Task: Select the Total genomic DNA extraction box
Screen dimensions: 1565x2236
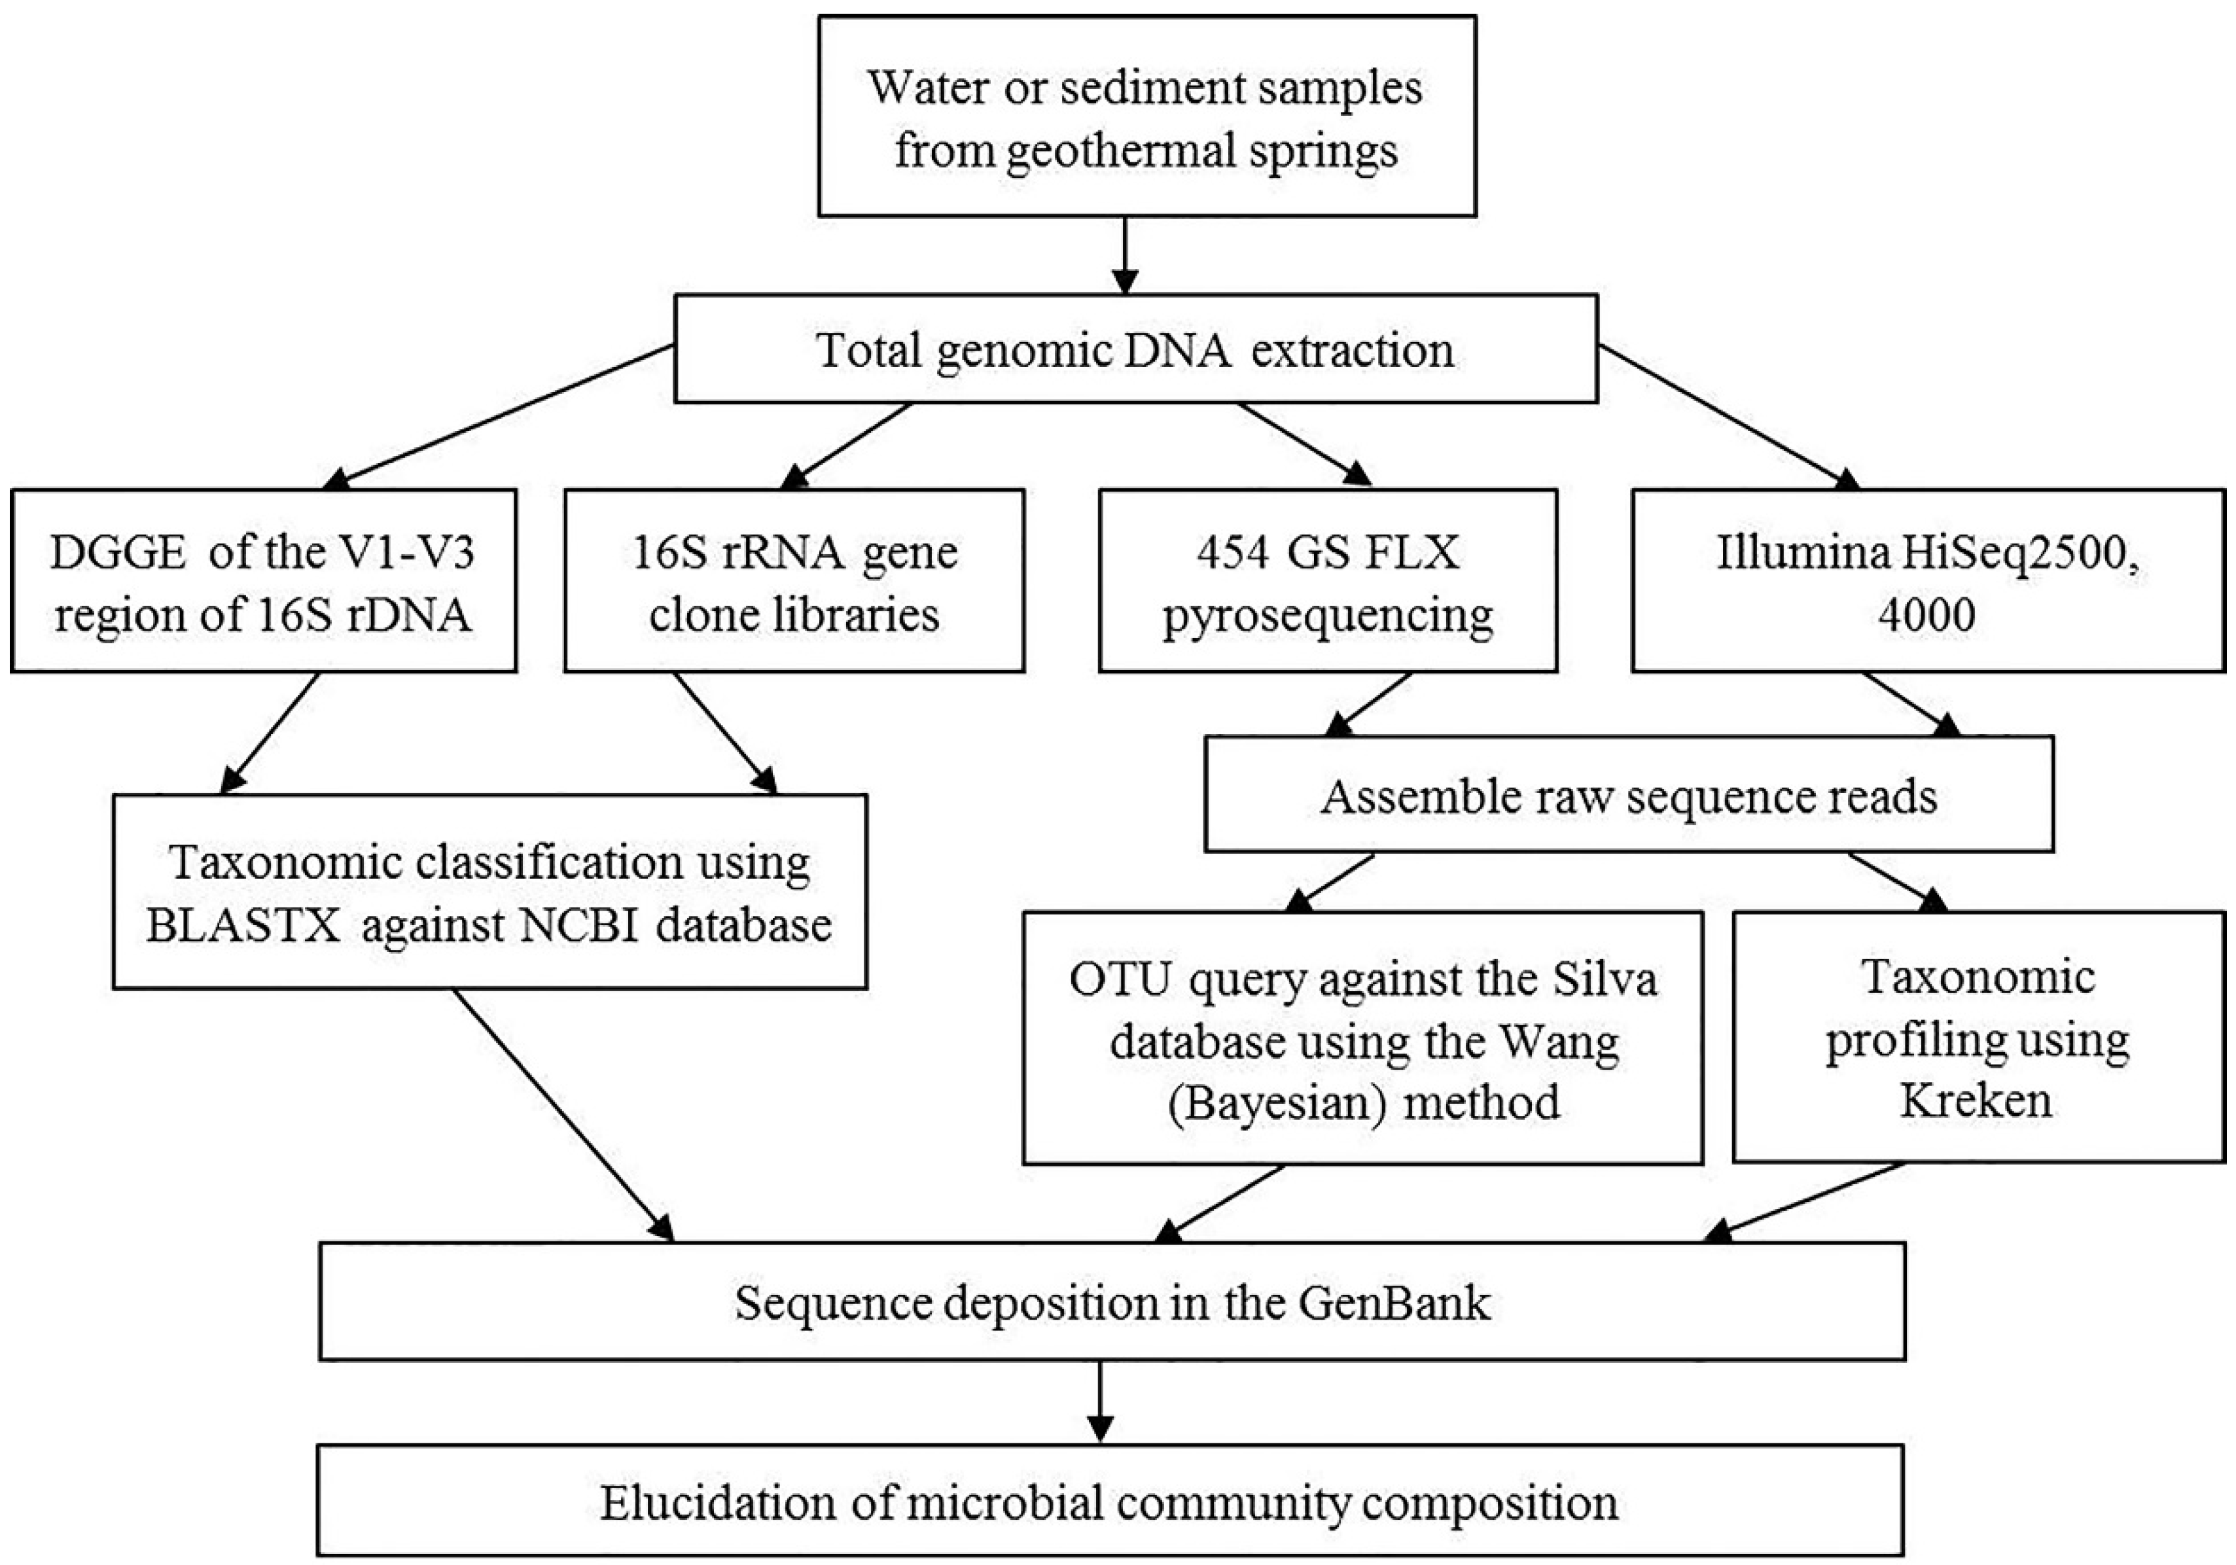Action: (x=1135, y=349)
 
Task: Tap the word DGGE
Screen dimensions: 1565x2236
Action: (x=117, y=553)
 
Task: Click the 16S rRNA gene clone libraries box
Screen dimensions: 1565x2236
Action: (x=794, y=582)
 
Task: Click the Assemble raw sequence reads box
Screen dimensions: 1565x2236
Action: (x=1628, y=796)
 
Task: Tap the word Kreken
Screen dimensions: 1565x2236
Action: (x=1976, y=1101)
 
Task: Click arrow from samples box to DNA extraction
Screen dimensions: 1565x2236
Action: (x=1125, y=255)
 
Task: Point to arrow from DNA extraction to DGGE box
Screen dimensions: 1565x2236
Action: (x=501, y=416)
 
